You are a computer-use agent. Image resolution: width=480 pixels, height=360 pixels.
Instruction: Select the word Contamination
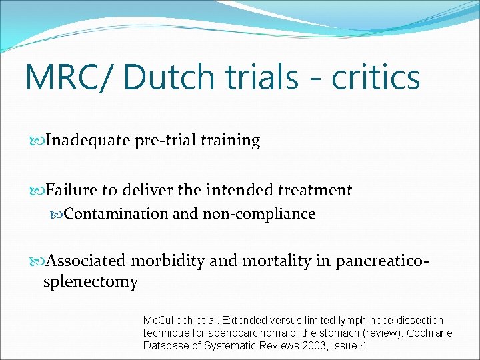(115, 214)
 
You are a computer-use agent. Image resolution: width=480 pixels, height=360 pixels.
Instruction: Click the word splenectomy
(91, 282)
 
